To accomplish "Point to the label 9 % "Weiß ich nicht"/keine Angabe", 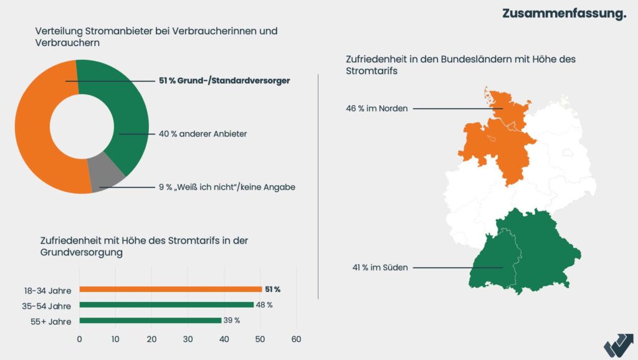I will tap(226, 187).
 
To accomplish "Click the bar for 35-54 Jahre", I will tap(166, 305).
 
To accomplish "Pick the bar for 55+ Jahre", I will tap(150, 321).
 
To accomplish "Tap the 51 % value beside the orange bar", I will tap(273, 290).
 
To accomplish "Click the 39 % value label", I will tap(232, 321).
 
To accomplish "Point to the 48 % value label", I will tap(264, 305).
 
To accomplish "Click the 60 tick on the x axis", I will tap(296, 339).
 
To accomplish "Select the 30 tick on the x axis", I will tap(188, 339).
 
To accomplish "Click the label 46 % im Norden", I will tap(377, 108).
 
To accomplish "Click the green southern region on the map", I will tap(530, 255).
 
